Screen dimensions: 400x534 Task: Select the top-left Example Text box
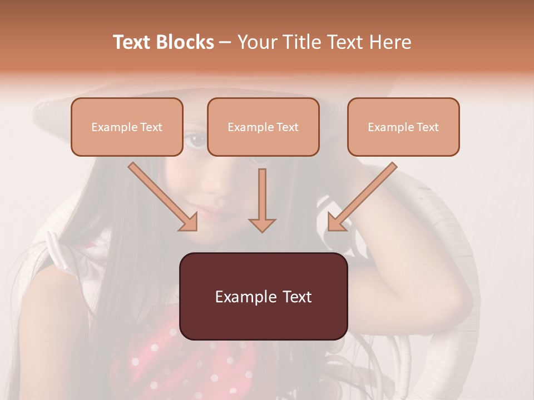(x=127, y=127)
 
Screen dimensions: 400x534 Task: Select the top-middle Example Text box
(x=263, y=127)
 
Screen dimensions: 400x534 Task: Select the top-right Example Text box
(x=403, y=127)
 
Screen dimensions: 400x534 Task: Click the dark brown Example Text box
(x=263, y=296)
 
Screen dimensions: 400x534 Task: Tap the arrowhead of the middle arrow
(x=262, y=224)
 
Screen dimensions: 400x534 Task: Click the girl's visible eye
(x=196, y=139)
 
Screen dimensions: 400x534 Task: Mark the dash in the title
(x=225, y=42)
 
